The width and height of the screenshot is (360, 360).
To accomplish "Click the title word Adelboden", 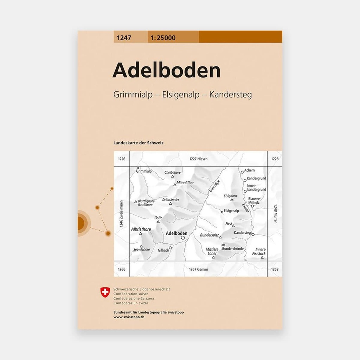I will tap(166, 71).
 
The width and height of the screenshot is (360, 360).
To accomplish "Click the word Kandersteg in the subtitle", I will tap(230, 95).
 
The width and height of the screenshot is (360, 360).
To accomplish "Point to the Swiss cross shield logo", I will tap(105, 291).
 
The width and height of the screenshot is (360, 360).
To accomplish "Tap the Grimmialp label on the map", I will tap(144, 172).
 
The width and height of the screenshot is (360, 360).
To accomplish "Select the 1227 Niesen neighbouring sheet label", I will tap(198, 159).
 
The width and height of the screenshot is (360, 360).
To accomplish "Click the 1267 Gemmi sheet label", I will tap(198, 269).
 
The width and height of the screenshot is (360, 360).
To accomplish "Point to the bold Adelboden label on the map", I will tap(176, 233).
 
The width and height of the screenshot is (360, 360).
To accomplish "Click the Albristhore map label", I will tap(141, 229).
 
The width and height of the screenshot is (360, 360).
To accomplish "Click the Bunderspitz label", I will tap(210, 234).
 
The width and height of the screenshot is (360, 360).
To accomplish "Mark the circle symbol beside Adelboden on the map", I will tap(183, 238).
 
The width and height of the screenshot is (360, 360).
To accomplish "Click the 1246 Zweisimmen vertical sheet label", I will tap(121, 214).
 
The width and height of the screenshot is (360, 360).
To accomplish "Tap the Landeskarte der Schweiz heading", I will tap(139, 143).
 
